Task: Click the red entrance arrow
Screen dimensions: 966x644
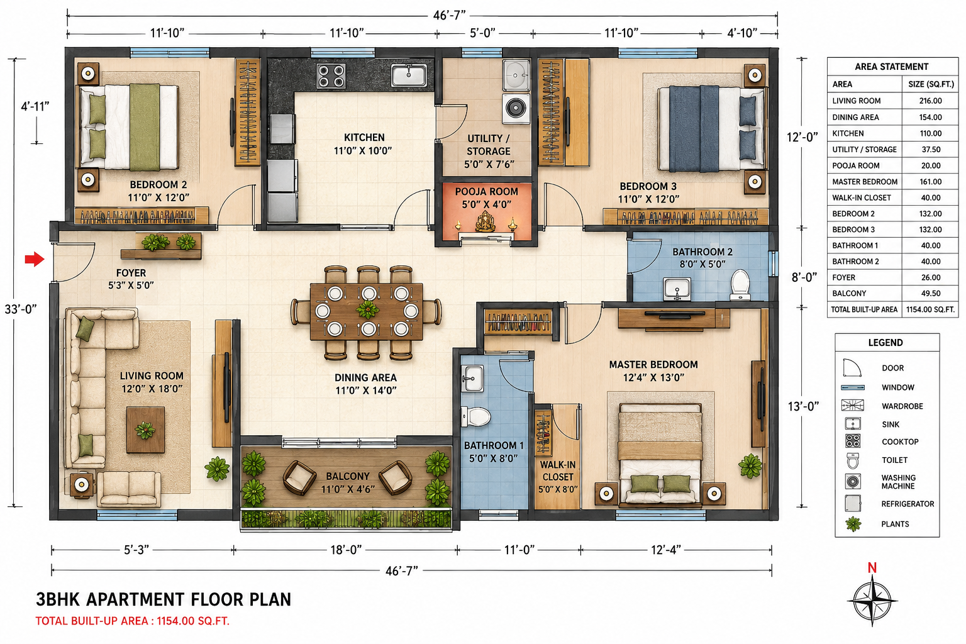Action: pos(35,259)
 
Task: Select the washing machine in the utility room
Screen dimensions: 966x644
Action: pos(516,108)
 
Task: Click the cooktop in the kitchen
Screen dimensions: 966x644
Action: pos(331,76)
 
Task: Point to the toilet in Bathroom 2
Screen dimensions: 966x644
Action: pos(740,285)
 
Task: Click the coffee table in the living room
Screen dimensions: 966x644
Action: pos(145,430)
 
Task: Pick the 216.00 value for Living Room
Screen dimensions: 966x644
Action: pos(930,101)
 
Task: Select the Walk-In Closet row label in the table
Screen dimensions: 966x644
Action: pos(861,198)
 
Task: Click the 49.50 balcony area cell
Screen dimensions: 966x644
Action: pos(930,294)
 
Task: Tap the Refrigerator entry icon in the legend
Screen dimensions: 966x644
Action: pos(853,503)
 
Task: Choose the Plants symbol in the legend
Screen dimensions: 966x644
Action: pos(853,524)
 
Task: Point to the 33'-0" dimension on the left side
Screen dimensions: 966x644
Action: pos(20,309)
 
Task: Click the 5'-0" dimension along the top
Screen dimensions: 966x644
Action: pos(482,33)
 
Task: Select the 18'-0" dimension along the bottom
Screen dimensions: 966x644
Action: pos(346,550)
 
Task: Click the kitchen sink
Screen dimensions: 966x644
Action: pos(409,75)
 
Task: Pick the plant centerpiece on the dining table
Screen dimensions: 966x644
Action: pos(367,309)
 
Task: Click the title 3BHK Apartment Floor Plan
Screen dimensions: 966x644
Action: pos(164,599)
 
